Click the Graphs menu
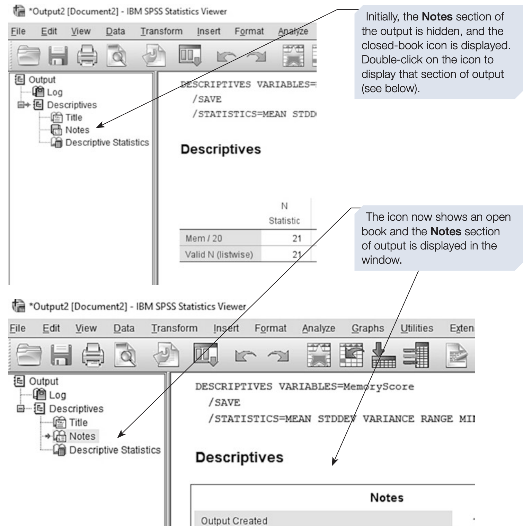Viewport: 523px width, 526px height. point(367,328)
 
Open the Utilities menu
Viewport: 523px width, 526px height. point(417,328)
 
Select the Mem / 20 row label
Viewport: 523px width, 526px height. point(204,238)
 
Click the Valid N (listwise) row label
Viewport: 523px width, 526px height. point(219,255)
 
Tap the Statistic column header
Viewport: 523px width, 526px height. point(284,221)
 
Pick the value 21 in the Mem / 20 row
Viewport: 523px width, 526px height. point(297,238)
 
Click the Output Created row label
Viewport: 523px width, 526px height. point(234,521)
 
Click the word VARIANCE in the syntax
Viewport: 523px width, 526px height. point(388,419)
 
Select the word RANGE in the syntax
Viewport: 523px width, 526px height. point(436,419)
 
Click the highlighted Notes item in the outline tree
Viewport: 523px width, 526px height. point(82,436)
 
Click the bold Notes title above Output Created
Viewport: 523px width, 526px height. point(387,498)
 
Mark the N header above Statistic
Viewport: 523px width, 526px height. point(284,206)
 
